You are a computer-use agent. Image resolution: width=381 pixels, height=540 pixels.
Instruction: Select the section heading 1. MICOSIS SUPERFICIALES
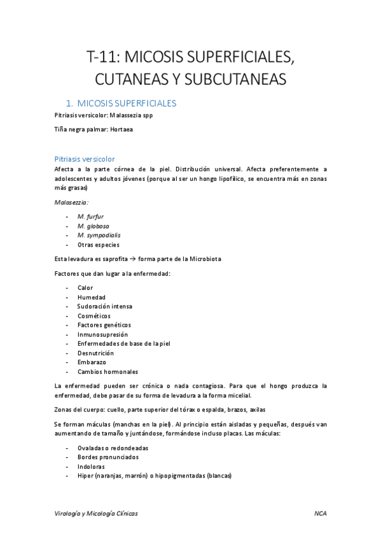coord(121,103)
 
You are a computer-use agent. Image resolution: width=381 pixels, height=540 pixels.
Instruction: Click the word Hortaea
coord(121,130)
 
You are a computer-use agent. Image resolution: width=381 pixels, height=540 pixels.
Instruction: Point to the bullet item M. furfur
coord(90,217)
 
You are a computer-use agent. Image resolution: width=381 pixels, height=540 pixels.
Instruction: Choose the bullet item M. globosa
coord(92,225)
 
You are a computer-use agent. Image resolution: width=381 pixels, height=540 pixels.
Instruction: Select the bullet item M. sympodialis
coord(99,235)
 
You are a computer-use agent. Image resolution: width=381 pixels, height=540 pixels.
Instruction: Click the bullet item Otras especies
coord(98,245)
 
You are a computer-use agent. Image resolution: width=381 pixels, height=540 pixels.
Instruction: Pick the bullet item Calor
coord(85,288)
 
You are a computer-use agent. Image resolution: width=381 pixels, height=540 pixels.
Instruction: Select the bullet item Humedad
coord(92,297)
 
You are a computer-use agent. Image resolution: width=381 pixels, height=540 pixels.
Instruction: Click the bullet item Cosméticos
coord(94,316)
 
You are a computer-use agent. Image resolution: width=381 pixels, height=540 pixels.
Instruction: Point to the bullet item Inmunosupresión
coord(102,334)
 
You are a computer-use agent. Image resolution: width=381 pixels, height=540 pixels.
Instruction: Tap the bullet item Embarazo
coord(92,362)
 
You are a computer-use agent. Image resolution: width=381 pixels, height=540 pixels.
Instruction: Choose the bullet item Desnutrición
coord(95,353)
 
